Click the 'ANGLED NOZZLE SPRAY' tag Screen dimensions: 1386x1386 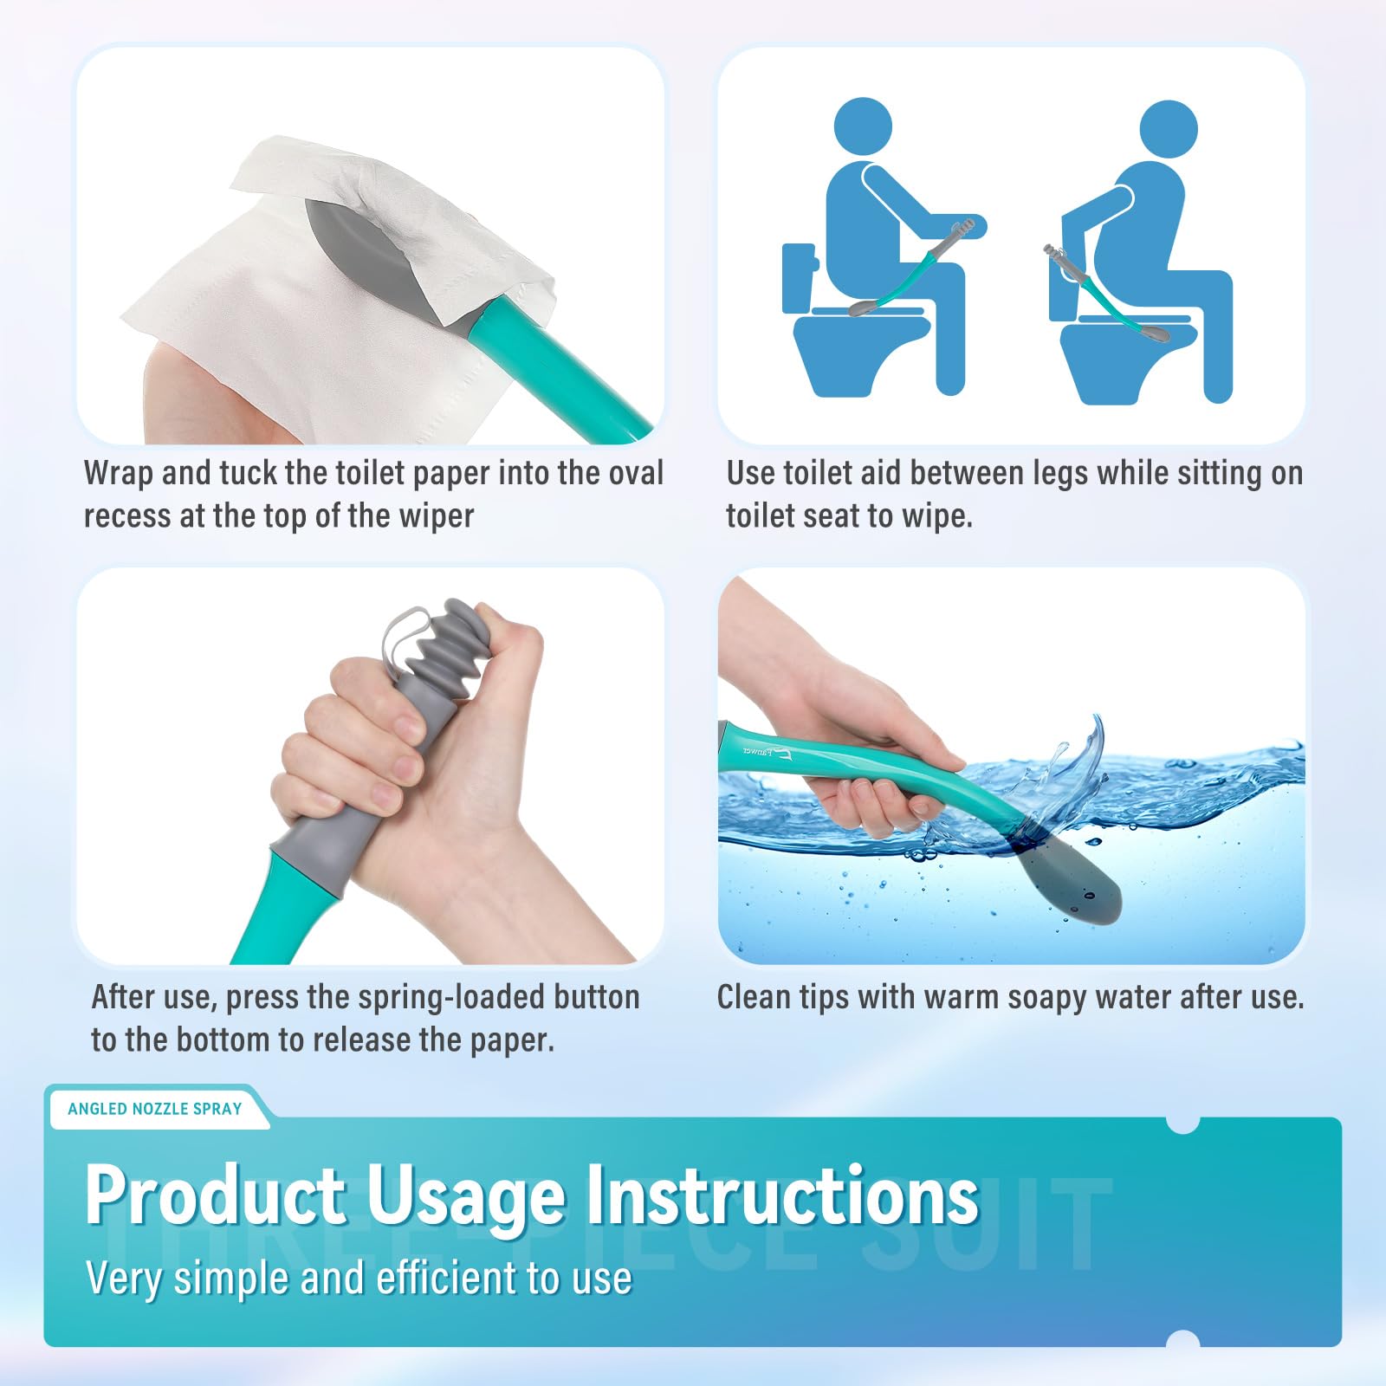pyautogui.click(x=154, y=1109)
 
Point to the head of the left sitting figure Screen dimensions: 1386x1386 pyautogui.click(x=863, y=127)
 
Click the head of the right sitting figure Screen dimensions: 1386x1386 pyautogui.click(x=1169, y=130)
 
